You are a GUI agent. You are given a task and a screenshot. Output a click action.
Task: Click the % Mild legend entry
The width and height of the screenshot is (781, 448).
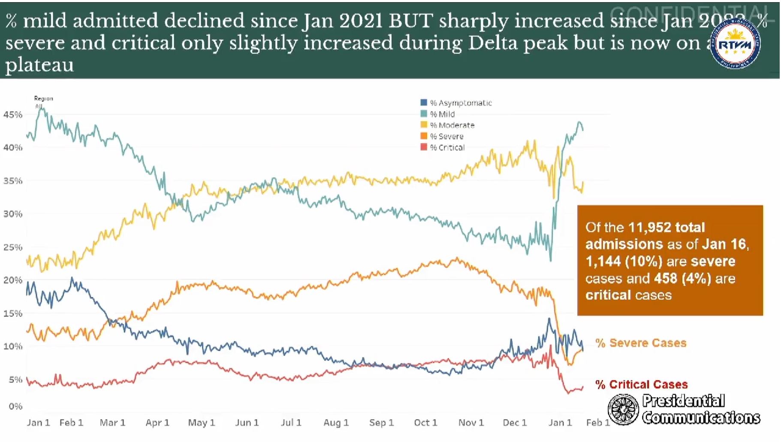coord(442,114)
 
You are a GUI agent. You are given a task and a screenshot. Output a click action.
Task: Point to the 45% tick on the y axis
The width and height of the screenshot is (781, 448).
coord(13,114)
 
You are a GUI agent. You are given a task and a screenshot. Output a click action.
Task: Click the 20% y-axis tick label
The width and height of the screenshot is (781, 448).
coord(13,280)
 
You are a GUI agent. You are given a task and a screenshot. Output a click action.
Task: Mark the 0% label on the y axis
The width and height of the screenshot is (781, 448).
coord(15,406)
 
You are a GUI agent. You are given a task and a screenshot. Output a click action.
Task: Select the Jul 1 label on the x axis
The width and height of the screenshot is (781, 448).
coord(291,423)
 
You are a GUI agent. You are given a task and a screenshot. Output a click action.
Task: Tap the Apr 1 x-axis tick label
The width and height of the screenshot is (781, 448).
coord(157,423)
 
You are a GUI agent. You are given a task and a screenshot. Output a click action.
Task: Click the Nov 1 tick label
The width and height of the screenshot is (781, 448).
coord(471,423)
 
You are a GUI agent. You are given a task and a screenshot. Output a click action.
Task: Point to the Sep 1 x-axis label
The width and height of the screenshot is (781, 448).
coord(381,423)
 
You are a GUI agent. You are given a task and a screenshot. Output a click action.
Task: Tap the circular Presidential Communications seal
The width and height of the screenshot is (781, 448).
coord(623,409)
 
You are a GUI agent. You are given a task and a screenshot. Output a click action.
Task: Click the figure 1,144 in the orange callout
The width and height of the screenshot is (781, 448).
coord(603,261)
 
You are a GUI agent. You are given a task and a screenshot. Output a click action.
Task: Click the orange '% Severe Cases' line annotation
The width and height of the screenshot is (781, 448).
coord(641,343)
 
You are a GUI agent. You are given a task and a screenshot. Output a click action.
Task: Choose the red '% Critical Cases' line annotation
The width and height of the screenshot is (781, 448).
coord(641,385)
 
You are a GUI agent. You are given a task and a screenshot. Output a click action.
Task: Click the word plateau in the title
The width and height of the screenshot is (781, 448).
coord(39,65)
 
